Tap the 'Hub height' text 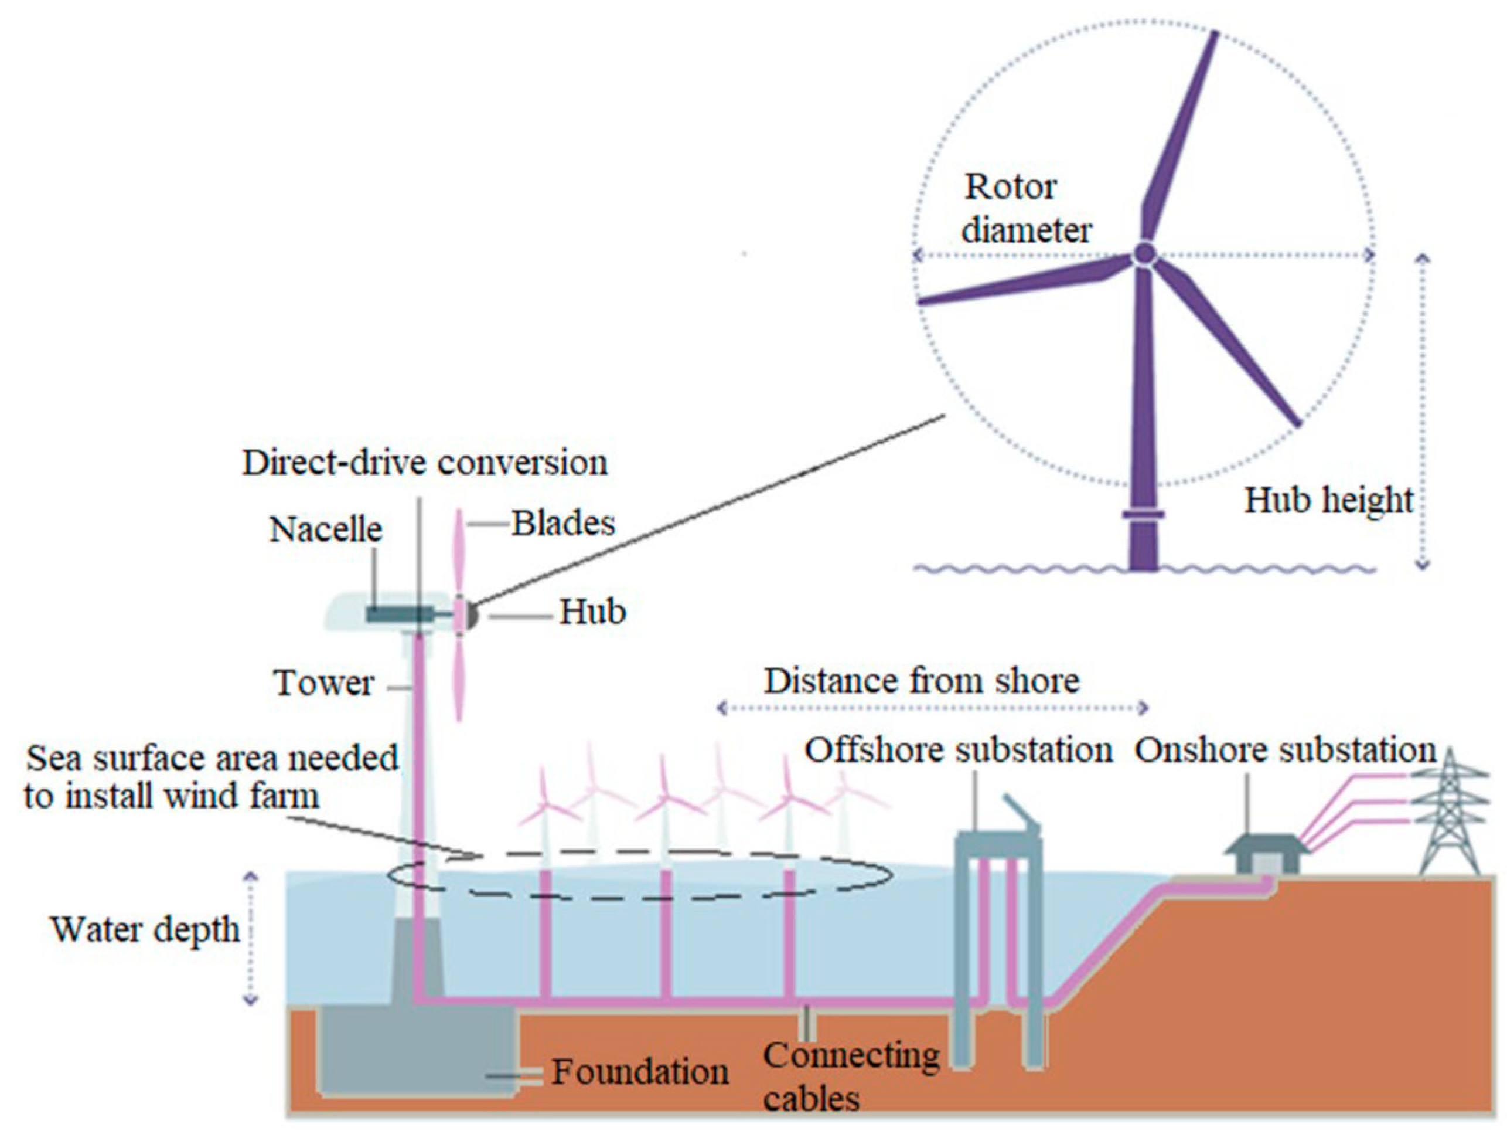click(1328, 501)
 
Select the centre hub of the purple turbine click(1144, 255)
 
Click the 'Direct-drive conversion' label click(424, 463)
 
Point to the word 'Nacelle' click(326, 529)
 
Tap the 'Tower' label click(324, 683)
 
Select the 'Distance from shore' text click(921, 681)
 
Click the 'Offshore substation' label click(959, 751)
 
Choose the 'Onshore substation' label click(1286, 751)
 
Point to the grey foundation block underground click(415, 1053)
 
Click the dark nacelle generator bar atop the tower click(398, 614)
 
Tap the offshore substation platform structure click(997, 906)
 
